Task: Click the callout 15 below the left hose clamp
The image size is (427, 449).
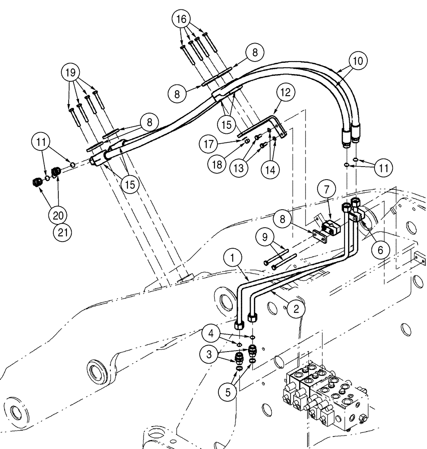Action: pos(131,183)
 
